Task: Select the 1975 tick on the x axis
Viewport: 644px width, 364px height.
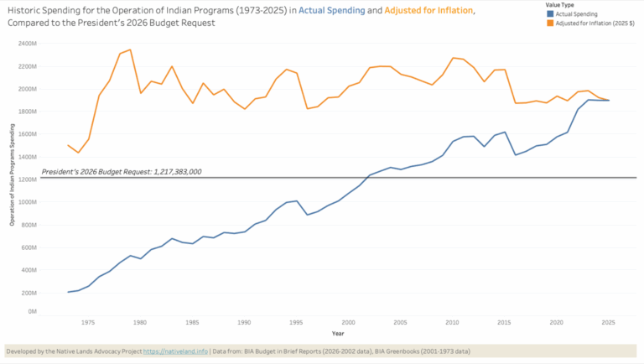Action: click(87, 322)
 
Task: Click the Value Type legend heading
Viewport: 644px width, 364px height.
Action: click(560, 5)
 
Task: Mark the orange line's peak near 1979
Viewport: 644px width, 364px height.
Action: click(130, 49)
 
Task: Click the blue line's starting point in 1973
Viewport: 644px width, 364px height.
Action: click(68, 292)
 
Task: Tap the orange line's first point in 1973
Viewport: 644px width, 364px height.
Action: click(68, 145)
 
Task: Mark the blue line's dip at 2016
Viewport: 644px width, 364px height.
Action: click(516, 155)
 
